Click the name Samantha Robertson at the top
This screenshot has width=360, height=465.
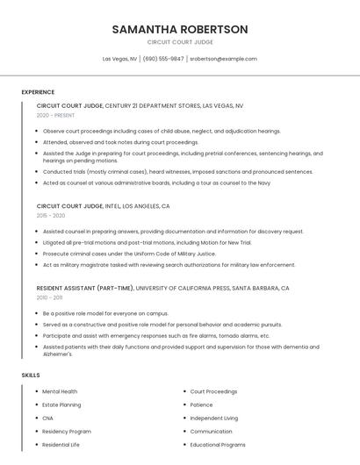pyautogui.click(x=180, y=29)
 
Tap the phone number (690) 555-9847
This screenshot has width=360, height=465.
pyautogui.click(x=163, y=59)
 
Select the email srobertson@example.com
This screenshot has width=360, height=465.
pyautogui.click(x=223, y=59)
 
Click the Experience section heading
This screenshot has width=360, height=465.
pyautogui.click(x=38, y=91)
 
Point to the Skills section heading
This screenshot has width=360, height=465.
pyautogui.click(x=31, y=375)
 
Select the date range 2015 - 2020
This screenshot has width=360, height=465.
pyautogui.click(x=51, y=215)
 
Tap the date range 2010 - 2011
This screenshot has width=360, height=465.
pyautogui.click(x=49, y=297)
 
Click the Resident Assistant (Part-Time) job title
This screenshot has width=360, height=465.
pyautogui.click(x=85, y=288)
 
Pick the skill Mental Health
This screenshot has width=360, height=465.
pyautogui.click(x=60, y=391)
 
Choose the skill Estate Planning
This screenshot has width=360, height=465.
pyautogui.click(x=61, y=404)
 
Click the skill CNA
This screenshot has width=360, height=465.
pyautogui.click(x=48, y=418)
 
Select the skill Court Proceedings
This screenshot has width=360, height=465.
pyautogui.click(x=213, y=391)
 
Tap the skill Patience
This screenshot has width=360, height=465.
pyautogui.click(x=201, y=404)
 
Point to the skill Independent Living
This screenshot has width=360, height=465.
pyautogui.click(x=213, y=418)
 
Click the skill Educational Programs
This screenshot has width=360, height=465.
pyautogui.click(x=218, y=444)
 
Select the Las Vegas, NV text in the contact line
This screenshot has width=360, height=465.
pyautogui.click(x=120, y=59)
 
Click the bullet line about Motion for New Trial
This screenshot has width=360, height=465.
pyautogui.click(x=147, y=242)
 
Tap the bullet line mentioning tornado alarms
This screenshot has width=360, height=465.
pyautogui.click(x=156, y=335)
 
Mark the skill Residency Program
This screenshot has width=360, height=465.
pyautogui.click(x=67, y=431)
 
